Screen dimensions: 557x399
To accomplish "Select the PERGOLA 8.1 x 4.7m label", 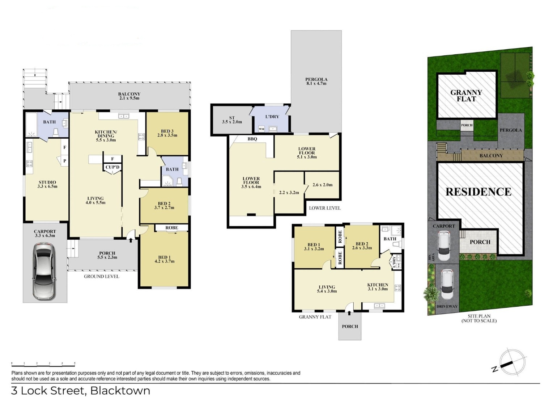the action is (316, 81).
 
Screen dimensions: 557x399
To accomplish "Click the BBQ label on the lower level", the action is (252, 139).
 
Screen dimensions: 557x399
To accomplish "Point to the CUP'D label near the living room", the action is (112, 167).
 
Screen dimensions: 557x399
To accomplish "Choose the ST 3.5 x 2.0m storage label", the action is (232, 120).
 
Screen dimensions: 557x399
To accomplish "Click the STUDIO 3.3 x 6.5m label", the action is (47, 184).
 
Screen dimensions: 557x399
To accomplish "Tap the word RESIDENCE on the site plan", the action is (479, 192).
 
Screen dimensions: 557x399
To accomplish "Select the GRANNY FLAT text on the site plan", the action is (466, 96).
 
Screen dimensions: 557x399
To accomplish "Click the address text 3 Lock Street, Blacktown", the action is (81, 391).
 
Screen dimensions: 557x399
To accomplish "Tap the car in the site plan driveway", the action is (447, 285).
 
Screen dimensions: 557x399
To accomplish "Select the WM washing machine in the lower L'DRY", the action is (262, 129).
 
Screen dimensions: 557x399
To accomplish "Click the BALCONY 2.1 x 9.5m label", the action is (129, 96).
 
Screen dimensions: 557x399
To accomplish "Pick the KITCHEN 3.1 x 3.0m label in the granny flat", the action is (378, 287).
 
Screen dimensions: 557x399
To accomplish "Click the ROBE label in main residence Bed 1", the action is (171, 227).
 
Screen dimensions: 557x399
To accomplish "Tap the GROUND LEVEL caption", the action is (101, 276).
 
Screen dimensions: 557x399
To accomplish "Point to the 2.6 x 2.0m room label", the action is (322, 185).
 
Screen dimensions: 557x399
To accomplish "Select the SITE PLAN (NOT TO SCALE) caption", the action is (479, 318).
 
